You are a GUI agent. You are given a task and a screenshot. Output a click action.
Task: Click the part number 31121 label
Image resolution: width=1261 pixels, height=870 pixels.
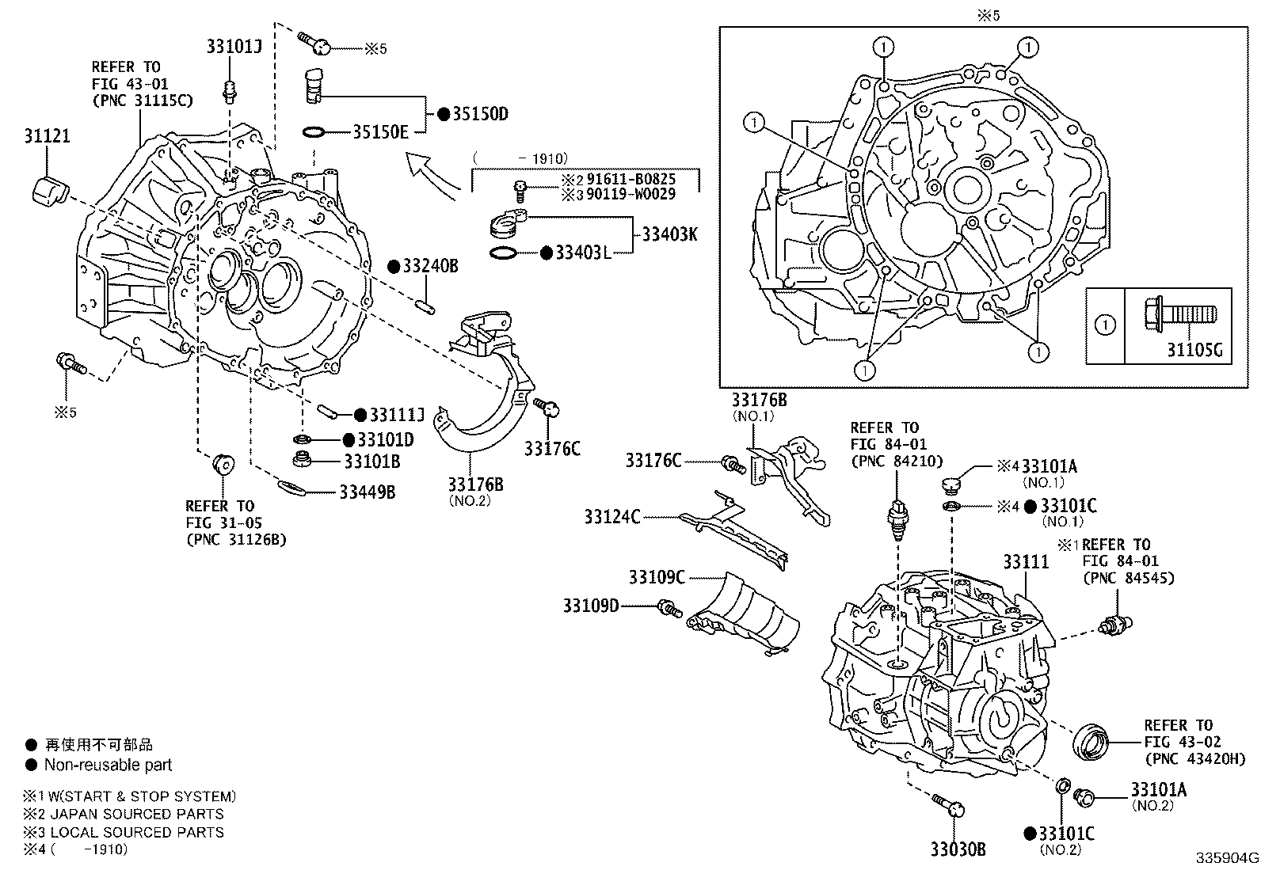click(47, 135)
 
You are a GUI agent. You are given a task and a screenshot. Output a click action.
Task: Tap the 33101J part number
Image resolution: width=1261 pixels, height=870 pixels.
click(234, 47)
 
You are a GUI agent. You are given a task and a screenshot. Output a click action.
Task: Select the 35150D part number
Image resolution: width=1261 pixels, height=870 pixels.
click(480, 114)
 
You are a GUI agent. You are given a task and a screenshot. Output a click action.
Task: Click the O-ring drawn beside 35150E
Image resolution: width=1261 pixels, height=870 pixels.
click(314, 131)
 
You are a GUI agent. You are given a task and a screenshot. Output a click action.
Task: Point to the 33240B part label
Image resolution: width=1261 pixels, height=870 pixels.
click(430, 265)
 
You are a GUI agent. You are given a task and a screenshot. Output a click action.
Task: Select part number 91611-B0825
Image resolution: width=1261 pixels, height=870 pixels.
click(630, 180)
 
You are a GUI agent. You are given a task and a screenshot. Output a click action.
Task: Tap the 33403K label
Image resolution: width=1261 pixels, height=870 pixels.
click(669, 234)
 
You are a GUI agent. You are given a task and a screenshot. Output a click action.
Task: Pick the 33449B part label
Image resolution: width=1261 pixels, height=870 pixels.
click(367, 492)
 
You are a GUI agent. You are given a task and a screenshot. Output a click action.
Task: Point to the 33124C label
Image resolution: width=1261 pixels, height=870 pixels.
click(612, 517)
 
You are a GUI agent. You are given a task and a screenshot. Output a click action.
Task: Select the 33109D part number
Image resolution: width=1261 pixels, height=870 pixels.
click(591, 606)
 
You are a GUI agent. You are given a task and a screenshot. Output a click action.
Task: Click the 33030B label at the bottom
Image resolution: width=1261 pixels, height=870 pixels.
click(958, 849)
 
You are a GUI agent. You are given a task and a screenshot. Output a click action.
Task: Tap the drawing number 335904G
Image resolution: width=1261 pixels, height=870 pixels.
click(1227, 857)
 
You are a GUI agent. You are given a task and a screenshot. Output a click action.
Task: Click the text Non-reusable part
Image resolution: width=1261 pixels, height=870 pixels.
click(108, 765)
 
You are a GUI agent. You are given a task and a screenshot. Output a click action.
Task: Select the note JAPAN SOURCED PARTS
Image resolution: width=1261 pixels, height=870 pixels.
click(134, 814)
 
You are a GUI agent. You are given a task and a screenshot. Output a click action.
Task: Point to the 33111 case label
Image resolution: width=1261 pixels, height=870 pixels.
click(1026, 561)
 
